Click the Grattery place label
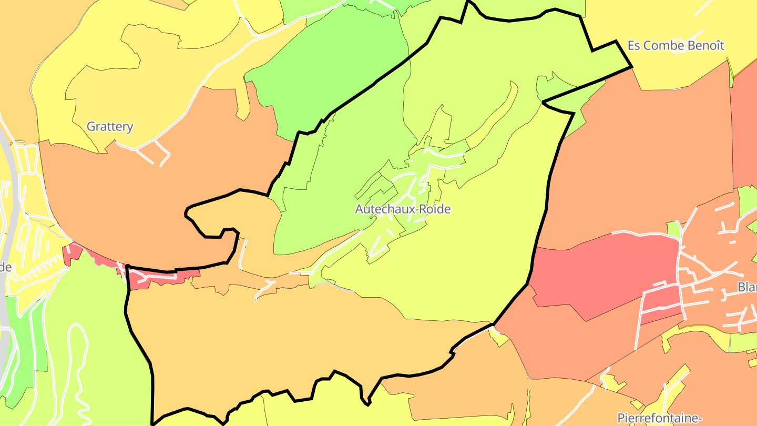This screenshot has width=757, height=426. (110, 127)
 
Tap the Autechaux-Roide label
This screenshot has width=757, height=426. (403, 209)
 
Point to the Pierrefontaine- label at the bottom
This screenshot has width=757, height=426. (660, 418)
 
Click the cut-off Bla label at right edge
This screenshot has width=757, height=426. (746, 287)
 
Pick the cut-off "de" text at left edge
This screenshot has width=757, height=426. (5, 267)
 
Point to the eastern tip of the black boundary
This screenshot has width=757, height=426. (631, 67)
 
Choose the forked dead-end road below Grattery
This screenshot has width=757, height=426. (152, 153)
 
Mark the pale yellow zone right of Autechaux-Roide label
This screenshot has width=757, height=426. (484, 237)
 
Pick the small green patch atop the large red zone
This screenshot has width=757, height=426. (673, 229)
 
